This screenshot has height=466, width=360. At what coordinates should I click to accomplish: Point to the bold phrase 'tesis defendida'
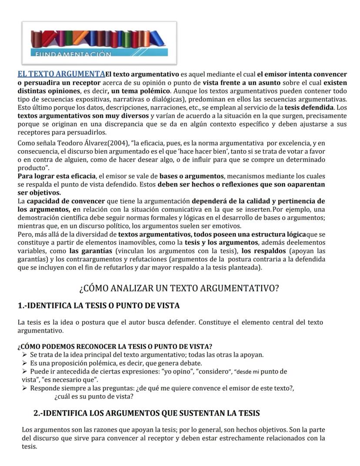309,107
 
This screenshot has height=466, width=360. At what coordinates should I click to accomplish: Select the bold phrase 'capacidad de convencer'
66,201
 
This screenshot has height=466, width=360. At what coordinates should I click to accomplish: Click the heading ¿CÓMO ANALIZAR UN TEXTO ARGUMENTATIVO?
179,288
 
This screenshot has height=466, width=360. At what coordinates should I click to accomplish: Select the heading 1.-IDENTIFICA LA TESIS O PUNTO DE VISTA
99,306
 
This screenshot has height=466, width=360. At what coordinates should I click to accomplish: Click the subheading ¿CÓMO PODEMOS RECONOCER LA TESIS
115,347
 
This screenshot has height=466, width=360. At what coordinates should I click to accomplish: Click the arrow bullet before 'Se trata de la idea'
25,355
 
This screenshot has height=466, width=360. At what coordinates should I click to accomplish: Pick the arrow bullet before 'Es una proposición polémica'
25,363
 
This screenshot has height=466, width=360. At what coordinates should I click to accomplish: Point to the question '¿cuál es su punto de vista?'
94,397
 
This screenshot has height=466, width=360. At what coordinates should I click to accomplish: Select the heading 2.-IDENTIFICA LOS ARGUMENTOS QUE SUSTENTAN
147,412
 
